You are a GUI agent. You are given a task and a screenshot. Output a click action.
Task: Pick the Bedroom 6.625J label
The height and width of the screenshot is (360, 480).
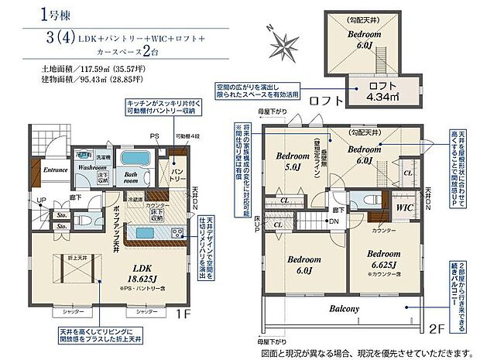click(x=383, y=259)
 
